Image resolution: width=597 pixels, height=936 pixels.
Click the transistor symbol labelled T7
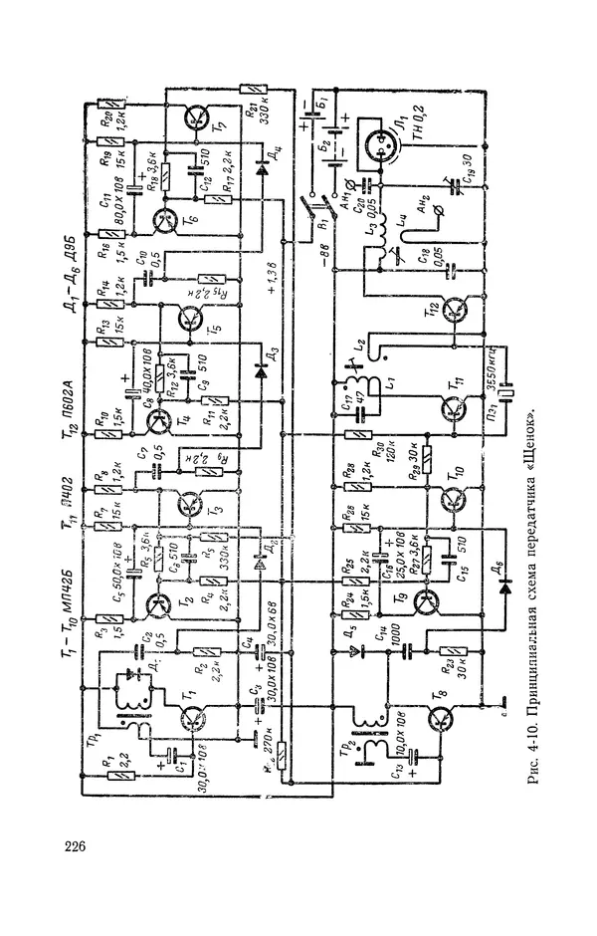193,120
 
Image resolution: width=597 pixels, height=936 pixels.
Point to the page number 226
75,846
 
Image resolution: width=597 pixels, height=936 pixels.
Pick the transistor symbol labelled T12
457,309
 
